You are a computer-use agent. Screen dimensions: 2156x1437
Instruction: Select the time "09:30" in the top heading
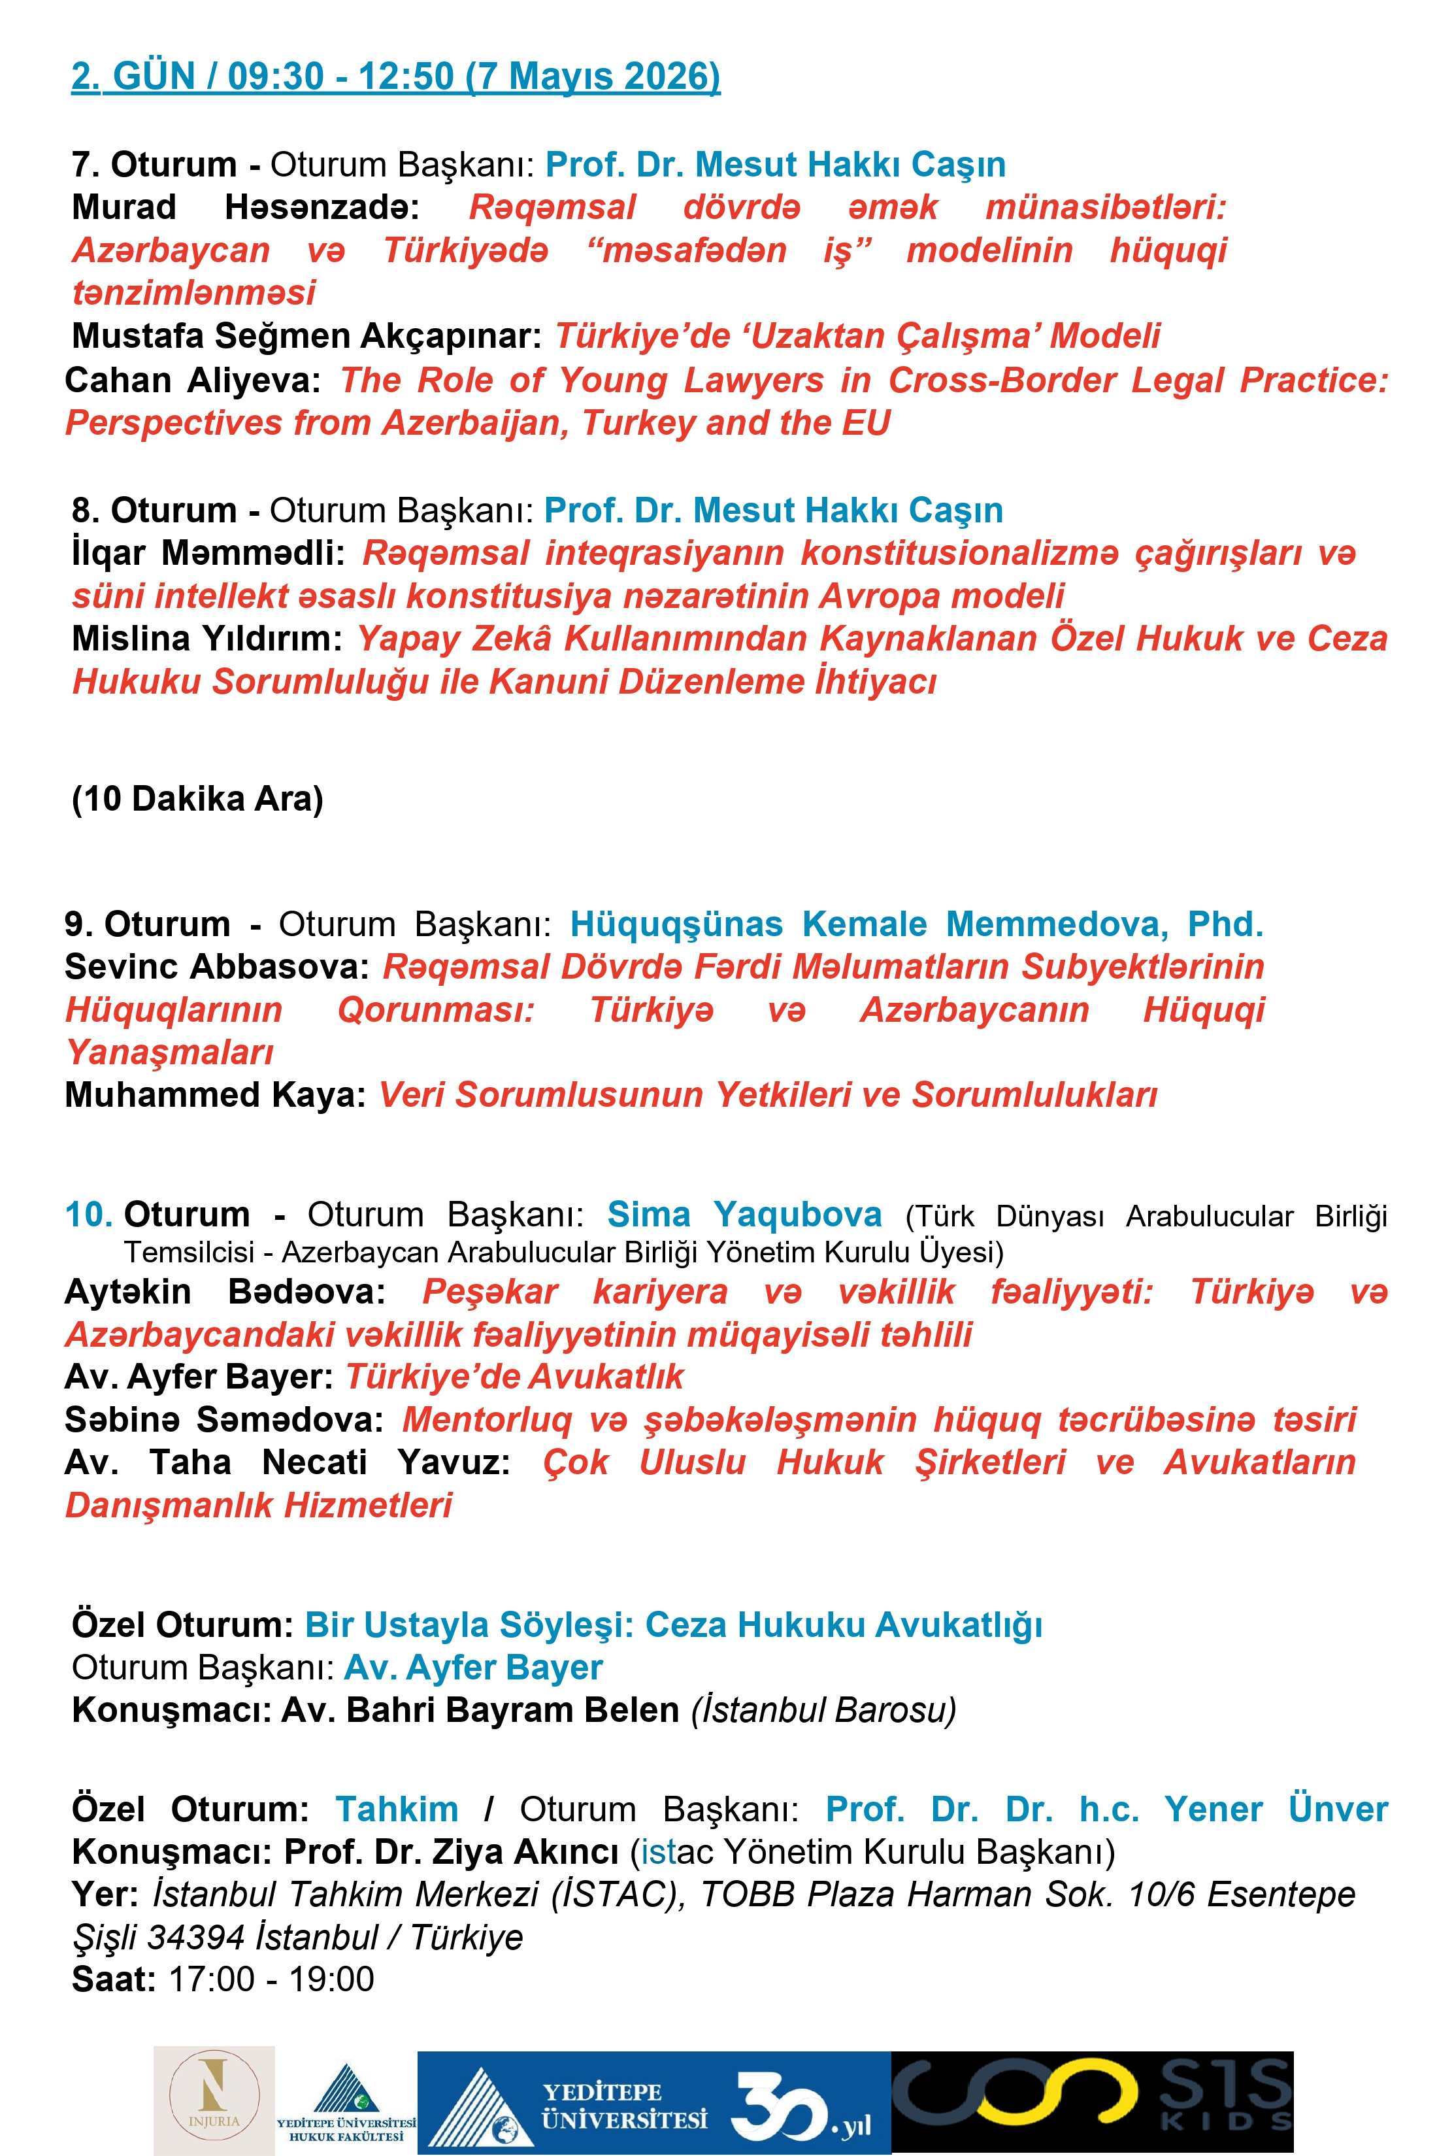(x=276, y=76)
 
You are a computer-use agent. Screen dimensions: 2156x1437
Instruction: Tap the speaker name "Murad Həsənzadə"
(x=246, y=207)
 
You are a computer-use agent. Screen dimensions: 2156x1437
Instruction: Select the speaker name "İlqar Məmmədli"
(x=208, y=553)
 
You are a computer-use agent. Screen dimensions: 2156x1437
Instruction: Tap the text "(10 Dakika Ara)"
(x=198, y=798)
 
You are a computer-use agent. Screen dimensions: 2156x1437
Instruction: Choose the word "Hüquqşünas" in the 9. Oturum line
(x=676, y=924)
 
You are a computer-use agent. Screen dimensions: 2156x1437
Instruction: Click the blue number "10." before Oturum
(x=89, y=1215)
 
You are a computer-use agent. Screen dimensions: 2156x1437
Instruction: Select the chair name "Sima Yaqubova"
(x=744, y=1215)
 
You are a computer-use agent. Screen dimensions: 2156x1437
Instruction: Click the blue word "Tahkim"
(x=397, y=1810)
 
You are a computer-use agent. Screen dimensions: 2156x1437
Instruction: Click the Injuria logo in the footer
(x=214, y=2099)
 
